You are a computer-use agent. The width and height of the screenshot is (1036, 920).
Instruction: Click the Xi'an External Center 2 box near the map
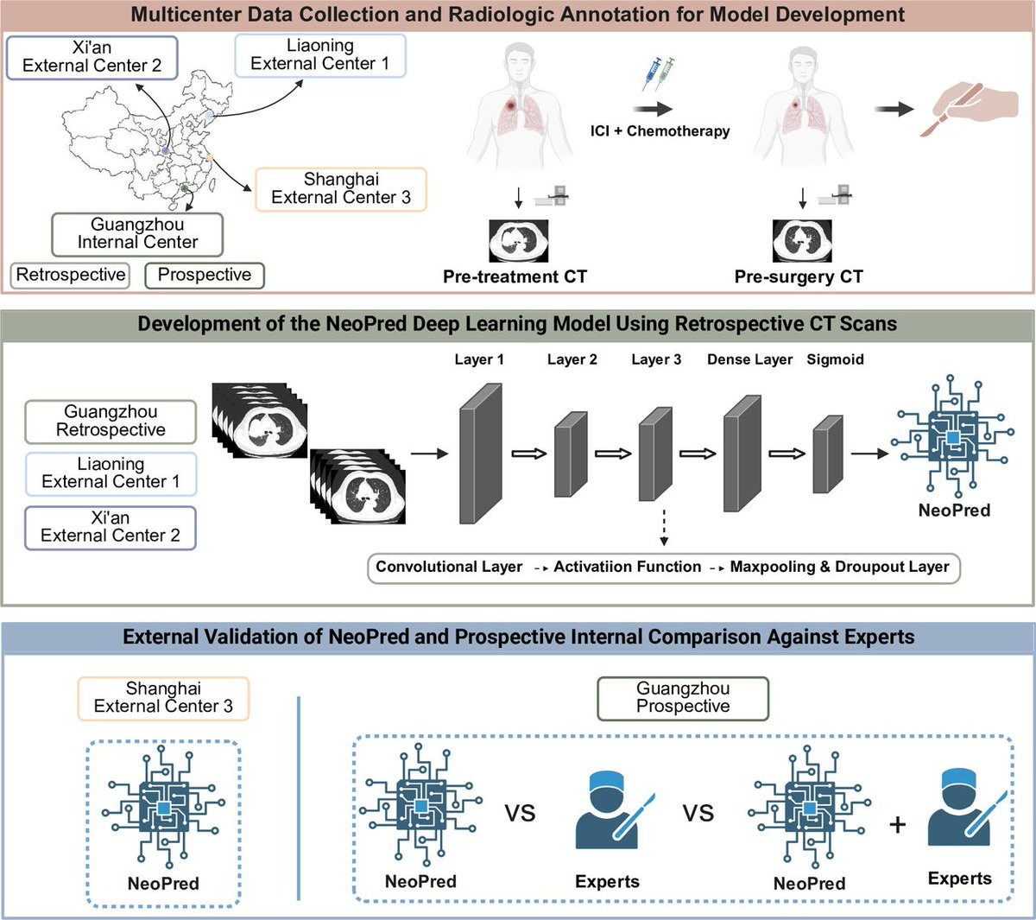pyautogui.click(x=92, y=57)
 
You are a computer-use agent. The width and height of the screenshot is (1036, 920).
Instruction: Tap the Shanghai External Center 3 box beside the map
pyautogui.click(x=341, y=189)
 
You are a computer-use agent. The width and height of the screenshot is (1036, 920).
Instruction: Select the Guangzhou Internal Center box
pyautogui.click(x=137, y=234)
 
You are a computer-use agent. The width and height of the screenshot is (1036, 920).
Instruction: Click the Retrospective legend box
pyautogui.click(x=71, y=276)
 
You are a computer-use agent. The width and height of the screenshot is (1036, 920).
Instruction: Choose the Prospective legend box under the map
pyautogui.click(x=205, y=276)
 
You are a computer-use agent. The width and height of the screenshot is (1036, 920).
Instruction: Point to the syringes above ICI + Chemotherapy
pyautogui.click(x=659, y=74)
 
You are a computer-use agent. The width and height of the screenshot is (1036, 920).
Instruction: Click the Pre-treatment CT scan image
pyautogui.click(x=518, y=240)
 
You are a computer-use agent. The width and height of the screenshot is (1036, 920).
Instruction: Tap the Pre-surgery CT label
pyautogui.click(x=799, y=277)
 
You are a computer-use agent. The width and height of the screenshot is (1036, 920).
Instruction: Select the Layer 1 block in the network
pyautogui.click(x=480, y=453)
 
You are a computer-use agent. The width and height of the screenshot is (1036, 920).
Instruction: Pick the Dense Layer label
pyautogui.click(x=749, y=359)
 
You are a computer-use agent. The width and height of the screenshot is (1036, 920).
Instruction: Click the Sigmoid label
pyautogui.click(x=835, y=359)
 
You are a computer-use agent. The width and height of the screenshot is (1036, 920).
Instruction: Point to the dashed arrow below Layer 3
pyautogui.click(x=664, y=528)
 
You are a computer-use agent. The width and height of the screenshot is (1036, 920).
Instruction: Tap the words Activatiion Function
pyautogui.click(x=628, y=568)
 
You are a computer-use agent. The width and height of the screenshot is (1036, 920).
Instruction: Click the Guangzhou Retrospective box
pyautogui.click(x=111, y=422)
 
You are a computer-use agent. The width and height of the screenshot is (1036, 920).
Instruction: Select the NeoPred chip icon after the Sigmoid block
pyautogui.click(x=953, y=436)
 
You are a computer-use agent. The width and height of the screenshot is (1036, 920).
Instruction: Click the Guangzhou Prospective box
pyautogui.click(x=683, y=698)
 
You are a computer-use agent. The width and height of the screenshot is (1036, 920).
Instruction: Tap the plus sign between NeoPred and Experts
pyautogui.click(x=898, y=825)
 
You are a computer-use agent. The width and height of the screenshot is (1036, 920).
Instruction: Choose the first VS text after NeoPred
pyautogui.click(x=520, y=814)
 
